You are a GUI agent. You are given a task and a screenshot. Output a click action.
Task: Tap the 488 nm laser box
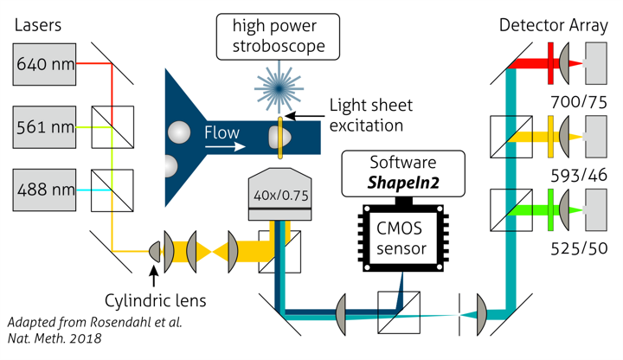pyautogui.click(x=45, y=188)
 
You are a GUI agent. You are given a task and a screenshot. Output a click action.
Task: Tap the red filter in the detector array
pyautogui.click(x=551, y=64)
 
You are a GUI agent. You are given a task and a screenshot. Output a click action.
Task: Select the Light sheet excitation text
pyautogui.click(x=371, y=116)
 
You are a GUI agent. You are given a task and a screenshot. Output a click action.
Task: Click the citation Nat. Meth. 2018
pyautogui.click(x=55, y=338)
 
